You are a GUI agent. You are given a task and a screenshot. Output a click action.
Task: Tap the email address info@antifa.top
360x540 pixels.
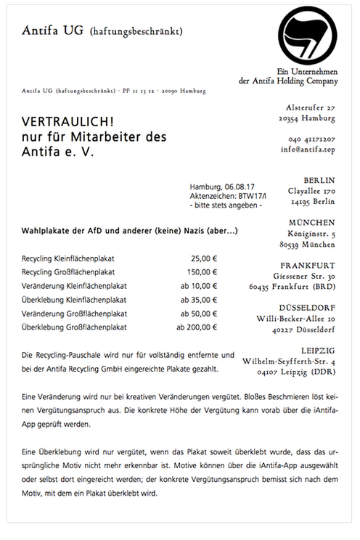(308, 152)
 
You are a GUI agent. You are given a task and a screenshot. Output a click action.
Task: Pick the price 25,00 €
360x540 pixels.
(205, 258)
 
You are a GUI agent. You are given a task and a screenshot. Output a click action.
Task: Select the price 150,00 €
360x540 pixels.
(202, 271)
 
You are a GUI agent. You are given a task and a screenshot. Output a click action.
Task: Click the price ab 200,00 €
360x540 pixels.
(197, 327)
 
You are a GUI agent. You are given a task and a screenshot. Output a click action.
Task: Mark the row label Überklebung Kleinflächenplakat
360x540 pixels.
(75, 299)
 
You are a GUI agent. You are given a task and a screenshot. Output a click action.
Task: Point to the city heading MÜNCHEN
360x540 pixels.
(311, 222)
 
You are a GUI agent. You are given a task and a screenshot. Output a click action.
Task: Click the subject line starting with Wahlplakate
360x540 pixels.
(130, 231)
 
